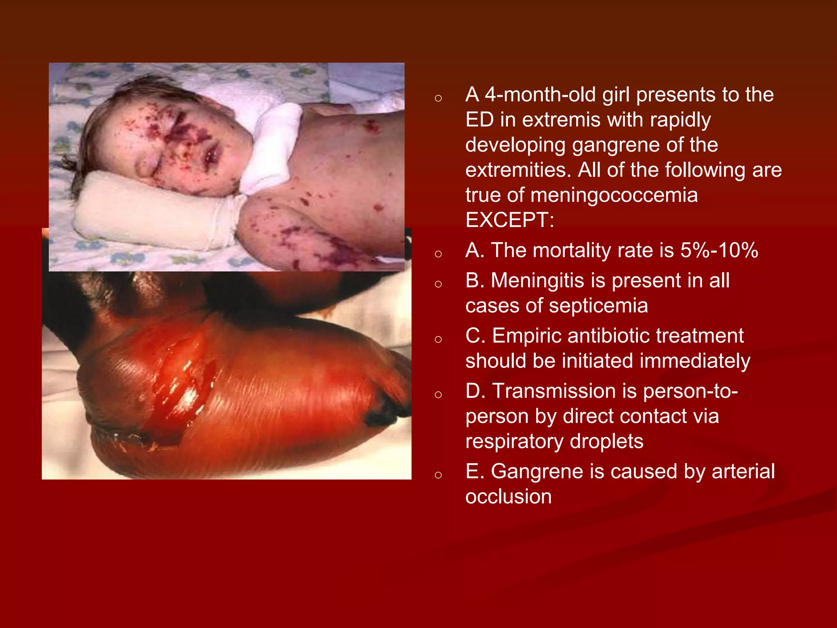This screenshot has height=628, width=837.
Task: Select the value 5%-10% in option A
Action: point(719,250)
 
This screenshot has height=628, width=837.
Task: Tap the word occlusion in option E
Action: point(508,497)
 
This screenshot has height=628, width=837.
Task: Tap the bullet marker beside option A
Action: point(439,254)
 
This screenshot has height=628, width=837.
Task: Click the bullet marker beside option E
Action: point(439,475)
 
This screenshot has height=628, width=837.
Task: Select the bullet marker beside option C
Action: point(439,340)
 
